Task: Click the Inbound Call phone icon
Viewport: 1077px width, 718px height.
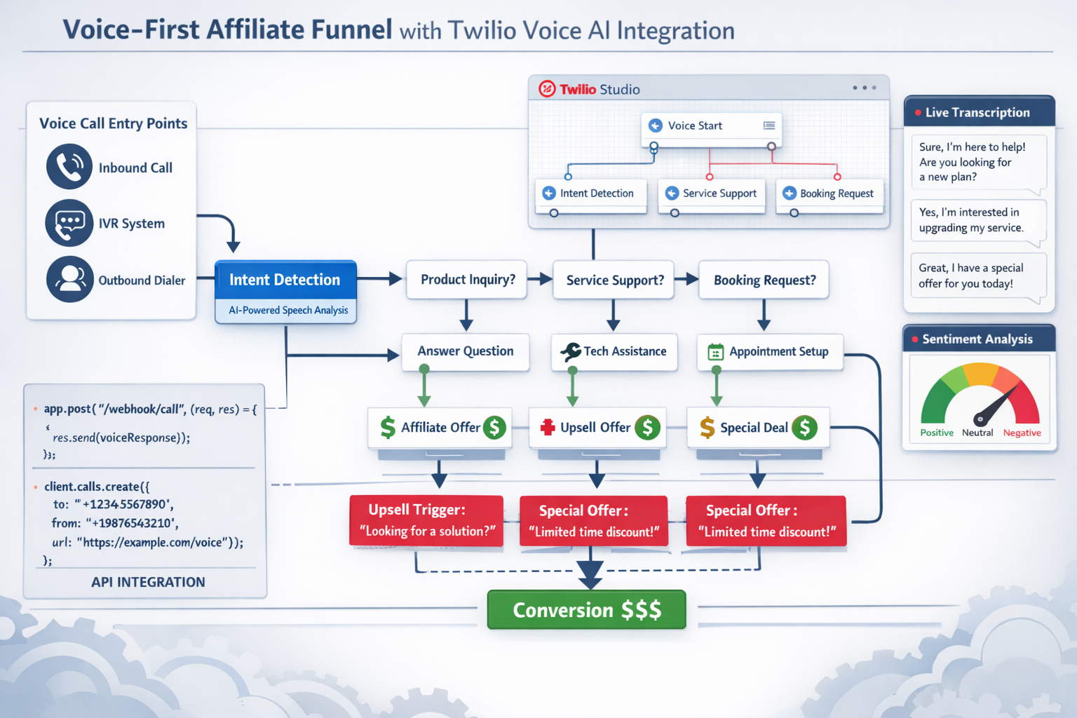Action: [69, 167]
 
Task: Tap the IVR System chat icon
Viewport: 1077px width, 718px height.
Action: [69, 223]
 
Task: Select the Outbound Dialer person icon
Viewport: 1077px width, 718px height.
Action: [69, 279]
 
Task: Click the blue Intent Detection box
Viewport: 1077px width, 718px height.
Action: [285, 280]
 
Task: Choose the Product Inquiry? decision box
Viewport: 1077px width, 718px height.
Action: [467, 280]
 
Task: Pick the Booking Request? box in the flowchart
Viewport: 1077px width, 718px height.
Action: [764, 280]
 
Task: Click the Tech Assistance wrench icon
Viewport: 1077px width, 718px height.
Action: [571, 351]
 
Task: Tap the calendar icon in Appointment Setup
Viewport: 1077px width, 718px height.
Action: [715, 352]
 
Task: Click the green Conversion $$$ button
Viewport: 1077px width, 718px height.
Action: [586, 610]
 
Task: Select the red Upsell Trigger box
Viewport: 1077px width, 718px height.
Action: [426, 520]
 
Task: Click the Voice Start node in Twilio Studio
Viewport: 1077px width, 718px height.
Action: [711, 126]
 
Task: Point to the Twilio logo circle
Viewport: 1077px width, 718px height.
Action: [547, 89]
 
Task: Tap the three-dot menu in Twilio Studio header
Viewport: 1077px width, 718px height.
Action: [864, 88]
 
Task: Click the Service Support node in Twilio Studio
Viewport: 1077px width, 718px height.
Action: [711, 194]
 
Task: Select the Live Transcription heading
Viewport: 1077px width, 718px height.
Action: [977, 112]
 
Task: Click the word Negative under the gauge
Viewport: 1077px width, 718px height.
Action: [1022, 433]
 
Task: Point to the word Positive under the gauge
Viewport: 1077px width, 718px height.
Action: [937, 433]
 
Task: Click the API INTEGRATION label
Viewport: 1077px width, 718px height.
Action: [148, 582]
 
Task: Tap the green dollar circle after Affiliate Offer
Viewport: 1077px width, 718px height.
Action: [494, 427]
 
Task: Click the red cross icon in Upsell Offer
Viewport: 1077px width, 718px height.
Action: [548, 427]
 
